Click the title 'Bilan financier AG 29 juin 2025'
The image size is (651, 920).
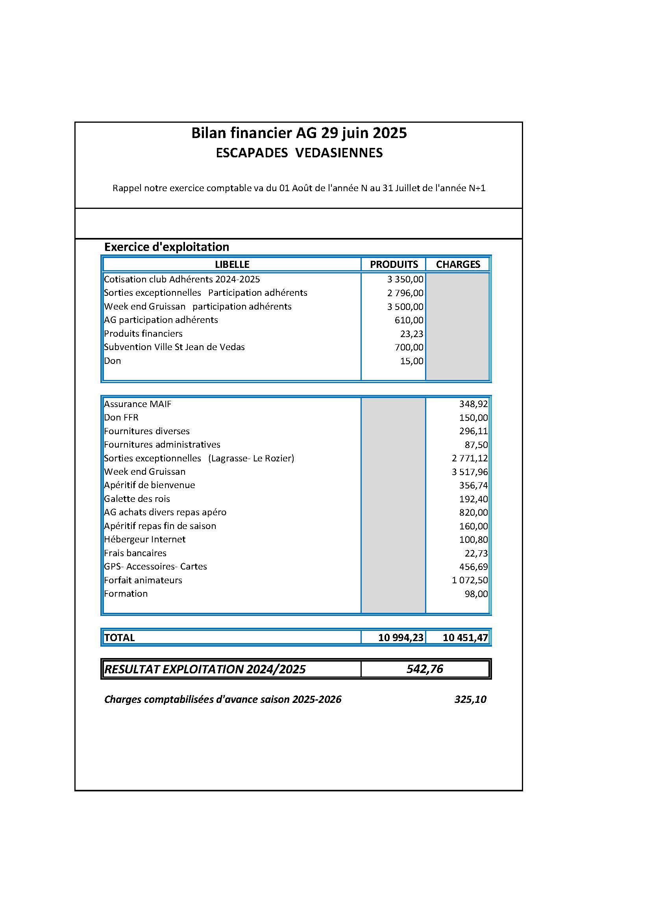pyautogui.click(x=299, y=133)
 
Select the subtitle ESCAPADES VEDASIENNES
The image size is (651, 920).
pyautogui.click(x=299, y=153)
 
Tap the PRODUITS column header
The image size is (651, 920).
pyautogui.click(x=394, y=264)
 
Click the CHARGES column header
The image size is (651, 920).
pyautogui.click(x=458, y=264)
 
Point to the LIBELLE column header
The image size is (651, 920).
pyautogui.click(x=232, y=264)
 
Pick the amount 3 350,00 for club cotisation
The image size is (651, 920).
pyautogui.click(x=405, y=280)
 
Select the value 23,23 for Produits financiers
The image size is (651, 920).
pyautogui.click(x=411, y=334)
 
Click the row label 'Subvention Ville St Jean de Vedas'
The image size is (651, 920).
pyautogui.click(x=174, y=347)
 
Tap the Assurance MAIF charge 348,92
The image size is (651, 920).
pyautogui.click(x=473, y=404)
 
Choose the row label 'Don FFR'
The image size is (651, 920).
pyautogui.click(x=121, y=418)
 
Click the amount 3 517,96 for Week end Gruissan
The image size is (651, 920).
pyautogui.click(x=470, y=472)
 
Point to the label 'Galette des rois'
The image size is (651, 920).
pyautogui.click(x=137, y=499)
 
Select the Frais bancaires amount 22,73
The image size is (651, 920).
pyautogui.click(x=476, y=553)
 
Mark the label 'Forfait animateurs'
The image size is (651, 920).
pyautogui.click(x=143, y=580)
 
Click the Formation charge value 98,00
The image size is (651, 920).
pyautogui.click(x=476, y=594)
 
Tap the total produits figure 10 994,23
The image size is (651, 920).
pyautogui.click(x=400, y=638)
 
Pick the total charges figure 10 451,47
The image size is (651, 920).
pyautogui.click(x=465, y=638)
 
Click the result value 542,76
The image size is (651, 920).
pyautogui.click(x=425, y=669)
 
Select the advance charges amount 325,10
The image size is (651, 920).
pyautogui.click(x=470, y=699)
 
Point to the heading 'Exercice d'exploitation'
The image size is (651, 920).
pyautogui.click(x=167, y=247)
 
